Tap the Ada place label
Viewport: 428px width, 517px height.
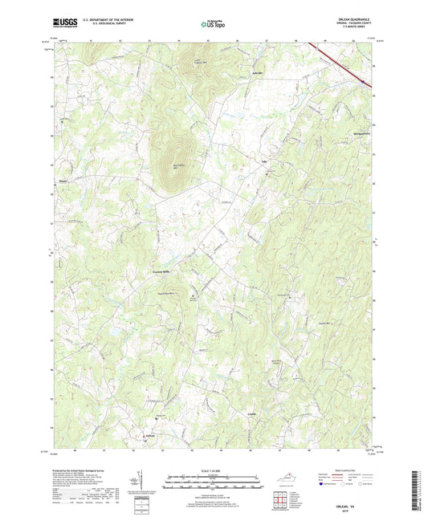[x=263, y=162]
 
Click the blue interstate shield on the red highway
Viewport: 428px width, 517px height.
[x=363, y=81]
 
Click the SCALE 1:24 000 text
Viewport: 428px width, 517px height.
[x=214, y=470]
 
